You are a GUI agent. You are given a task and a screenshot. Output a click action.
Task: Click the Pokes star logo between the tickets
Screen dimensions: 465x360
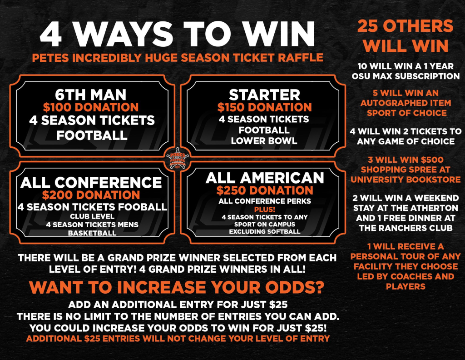[x=177, y=159]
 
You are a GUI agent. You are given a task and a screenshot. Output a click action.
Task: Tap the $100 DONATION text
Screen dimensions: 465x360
[x=91, y=107]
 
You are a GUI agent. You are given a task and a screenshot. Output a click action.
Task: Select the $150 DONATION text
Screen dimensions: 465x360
[x=265, y=107]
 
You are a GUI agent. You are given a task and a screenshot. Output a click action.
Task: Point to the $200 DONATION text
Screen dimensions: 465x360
[x=91, y=195]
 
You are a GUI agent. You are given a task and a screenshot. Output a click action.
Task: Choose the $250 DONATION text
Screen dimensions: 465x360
[x=265, y=190]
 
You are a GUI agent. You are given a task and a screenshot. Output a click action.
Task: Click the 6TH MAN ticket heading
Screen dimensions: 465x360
[x=91, y=95]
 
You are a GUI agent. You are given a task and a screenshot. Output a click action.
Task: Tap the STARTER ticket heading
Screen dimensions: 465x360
[x=265, y=95]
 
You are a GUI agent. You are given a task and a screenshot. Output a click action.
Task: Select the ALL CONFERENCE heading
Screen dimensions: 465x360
[x=91, y=182]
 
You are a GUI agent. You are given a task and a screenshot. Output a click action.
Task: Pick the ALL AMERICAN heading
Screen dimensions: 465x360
[x=265, y=178]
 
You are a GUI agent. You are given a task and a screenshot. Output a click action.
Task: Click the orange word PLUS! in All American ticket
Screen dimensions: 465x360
[x=265, y=209]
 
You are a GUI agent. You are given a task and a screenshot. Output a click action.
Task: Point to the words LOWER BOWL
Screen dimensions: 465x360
[x=264, y=140]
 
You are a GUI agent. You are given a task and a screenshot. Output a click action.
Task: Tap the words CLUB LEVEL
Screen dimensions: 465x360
[x=92, y=216]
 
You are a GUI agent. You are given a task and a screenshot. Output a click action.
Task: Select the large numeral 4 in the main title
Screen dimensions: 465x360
[x=51, y=34]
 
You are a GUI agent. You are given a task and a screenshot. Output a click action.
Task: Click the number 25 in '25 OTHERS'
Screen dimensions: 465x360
[x=367, y=26]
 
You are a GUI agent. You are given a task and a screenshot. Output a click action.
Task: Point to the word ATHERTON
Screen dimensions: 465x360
[x=425, y=208]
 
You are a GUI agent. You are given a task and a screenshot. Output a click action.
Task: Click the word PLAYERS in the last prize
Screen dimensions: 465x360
[x=406, y=286]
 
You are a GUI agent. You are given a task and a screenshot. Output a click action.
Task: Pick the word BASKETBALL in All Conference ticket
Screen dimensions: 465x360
[x=92, y=233]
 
